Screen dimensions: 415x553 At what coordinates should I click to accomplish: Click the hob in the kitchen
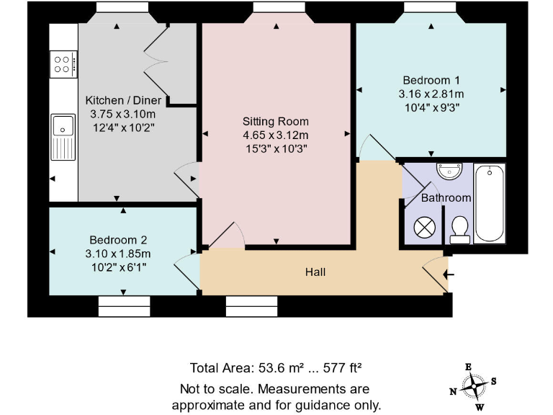point(63,65)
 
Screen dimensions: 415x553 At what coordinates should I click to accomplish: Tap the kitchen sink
point(63,137)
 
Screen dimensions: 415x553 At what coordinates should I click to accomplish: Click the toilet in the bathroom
point(458,228)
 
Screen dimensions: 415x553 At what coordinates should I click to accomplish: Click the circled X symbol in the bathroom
point(425,227)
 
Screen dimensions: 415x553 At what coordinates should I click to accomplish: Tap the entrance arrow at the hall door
point(450,274)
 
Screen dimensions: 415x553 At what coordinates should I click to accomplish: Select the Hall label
point(315,272)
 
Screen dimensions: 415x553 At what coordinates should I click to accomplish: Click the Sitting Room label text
point(276,121)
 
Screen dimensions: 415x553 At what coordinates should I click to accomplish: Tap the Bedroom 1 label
point(431,80)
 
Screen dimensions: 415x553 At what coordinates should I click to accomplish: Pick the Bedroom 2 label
point(119,239)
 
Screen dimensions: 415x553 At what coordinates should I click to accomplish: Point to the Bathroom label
point(446,197)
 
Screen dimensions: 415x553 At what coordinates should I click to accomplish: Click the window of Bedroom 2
point(122,308)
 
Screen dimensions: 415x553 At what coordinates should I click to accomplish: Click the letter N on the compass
point(453,392)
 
